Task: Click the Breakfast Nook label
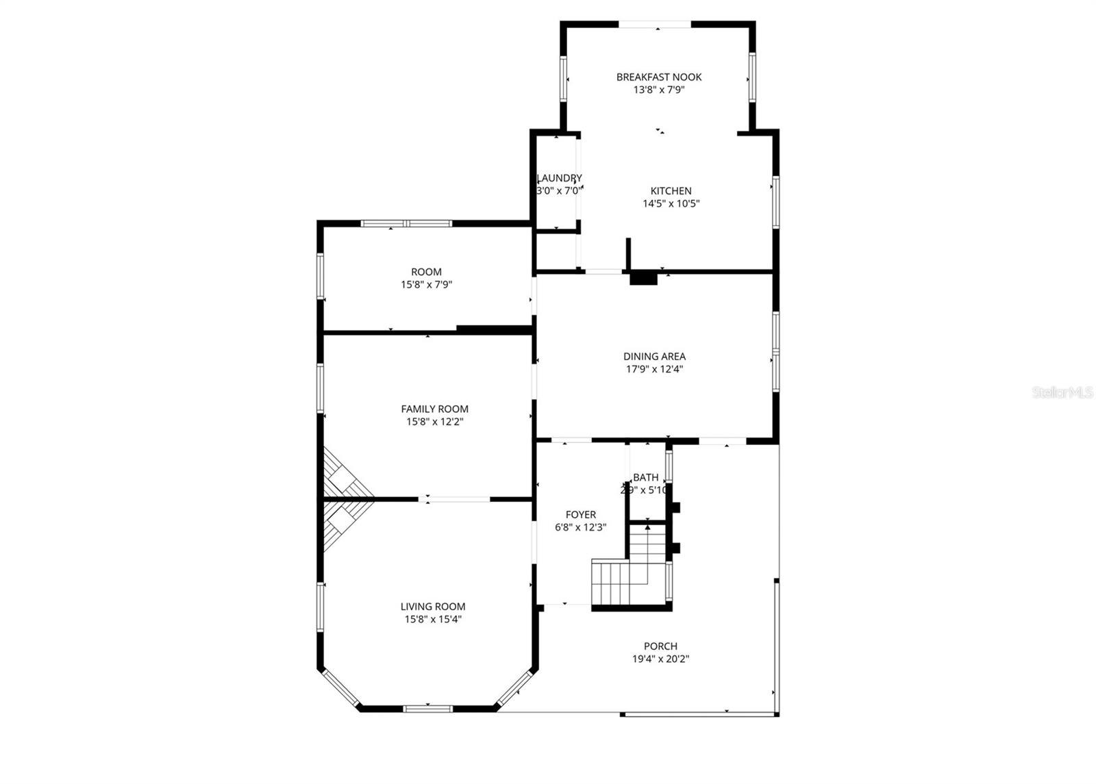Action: click(658, 77)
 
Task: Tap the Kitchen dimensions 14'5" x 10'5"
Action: click(671, 203)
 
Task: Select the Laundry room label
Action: click(560, 178)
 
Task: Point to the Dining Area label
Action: click(654, 356)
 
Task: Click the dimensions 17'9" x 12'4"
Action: click(654, 369)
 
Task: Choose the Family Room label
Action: click(434, 409)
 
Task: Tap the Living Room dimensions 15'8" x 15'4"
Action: click(433, 619)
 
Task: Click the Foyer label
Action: click(580, 514)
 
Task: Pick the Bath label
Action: click(645, 477)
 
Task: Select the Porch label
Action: click(660, 646)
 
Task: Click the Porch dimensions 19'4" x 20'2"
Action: click(660, 659)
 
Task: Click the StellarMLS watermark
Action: click(1062, 392)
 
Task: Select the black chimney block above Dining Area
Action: click(643, 278)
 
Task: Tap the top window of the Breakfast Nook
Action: click(655, 25)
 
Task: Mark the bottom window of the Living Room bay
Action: click(427, 708)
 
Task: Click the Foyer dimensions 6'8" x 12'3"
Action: click(580, 527)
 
